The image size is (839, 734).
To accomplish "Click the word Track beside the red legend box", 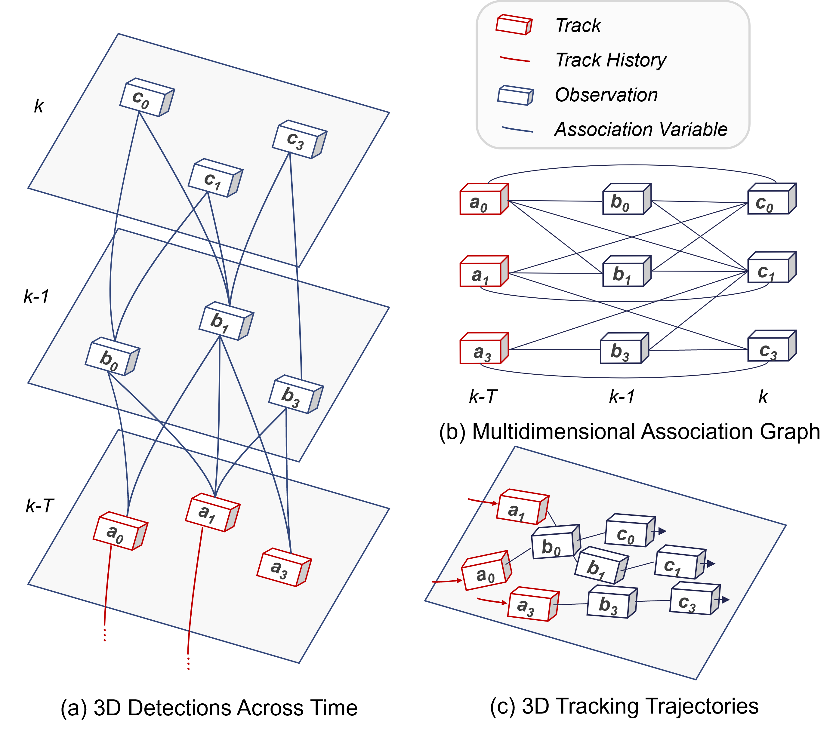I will (578, 25).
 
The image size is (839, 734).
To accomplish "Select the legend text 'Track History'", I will (610, 60).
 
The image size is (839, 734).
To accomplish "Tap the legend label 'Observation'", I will (606, 95).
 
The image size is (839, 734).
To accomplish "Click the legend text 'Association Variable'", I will (640, 129).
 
